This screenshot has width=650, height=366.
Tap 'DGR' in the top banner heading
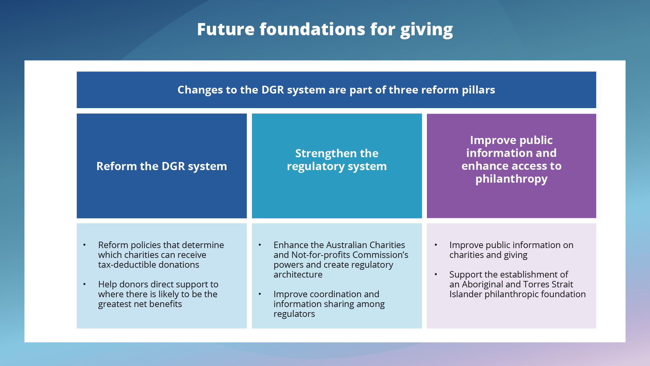click(x=273, y=90)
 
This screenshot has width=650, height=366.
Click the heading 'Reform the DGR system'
click(x=161, y=166)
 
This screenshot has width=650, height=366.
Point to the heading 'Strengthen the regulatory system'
click(x=337, y=160)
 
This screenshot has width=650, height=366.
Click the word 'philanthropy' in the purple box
click(x=511, y=179)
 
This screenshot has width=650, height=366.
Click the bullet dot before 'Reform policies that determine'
click(x=85, y=245)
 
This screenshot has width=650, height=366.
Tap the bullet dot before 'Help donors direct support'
click(x=85, y=284)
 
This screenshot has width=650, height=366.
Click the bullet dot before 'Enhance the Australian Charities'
click(x=260, y=245)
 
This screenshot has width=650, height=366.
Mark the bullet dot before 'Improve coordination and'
click(x=260, y=294)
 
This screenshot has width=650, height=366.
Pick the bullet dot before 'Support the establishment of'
click(x=436, y=274)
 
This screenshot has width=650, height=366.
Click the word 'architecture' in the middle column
click(x=298, y=274)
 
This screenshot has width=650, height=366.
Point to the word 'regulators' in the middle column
click(x=294, y=314)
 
